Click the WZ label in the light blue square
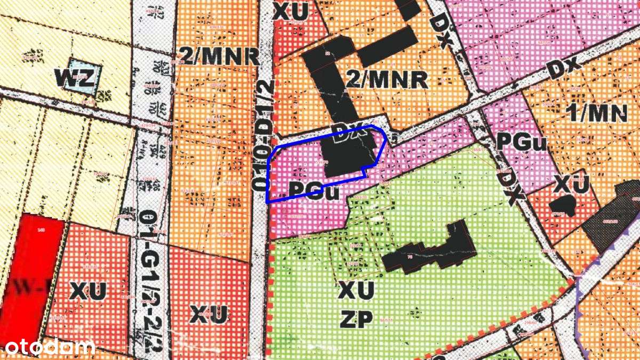tap(78, 79)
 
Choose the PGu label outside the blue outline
tap(522, 141)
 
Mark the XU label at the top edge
tap(290, 12)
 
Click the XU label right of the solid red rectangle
tap(88, 291)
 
